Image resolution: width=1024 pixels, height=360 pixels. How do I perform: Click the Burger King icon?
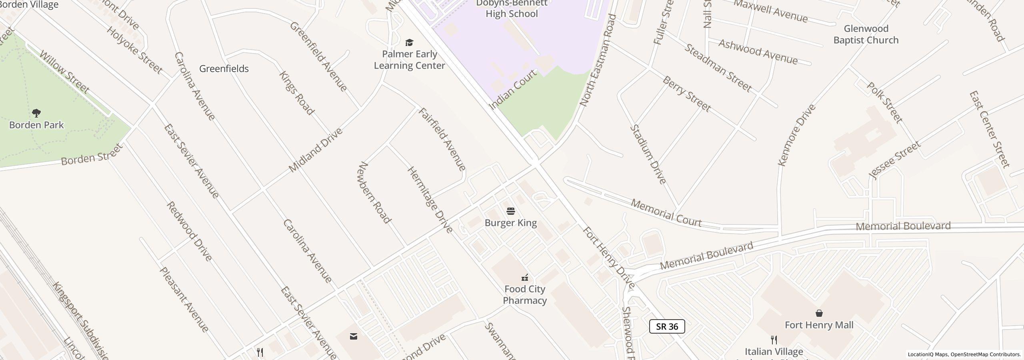click(x=511, y=211)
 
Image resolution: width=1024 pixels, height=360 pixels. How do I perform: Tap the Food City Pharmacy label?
click(x=524, y=294)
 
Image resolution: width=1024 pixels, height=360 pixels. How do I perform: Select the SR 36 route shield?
click(x=667, y=326)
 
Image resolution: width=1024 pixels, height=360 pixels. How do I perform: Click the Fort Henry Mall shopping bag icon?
click(x=819, y=313)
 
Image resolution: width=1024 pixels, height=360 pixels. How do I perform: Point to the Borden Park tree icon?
click(x=36, y=113)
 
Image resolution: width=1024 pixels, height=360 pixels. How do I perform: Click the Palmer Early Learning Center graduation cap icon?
click(x=409, y=42)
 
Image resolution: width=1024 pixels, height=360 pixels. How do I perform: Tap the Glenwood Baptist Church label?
click(x=866, y=34)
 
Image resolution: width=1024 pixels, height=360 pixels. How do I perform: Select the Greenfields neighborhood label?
click(x=224, y=69)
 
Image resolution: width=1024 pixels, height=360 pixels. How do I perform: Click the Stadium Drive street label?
click(x=648, y=154)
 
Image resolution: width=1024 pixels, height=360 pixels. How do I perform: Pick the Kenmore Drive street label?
click(x=796, y=135)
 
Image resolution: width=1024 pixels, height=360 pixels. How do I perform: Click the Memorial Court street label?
click(x=666, y=213)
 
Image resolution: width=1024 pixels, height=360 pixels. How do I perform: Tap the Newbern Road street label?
click(x=375, y=192)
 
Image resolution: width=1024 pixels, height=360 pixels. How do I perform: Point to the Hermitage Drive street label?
click(x=430, y=200)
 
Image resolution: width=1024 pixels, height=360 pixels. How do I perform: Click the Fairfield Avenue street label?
click(x=442, y=139)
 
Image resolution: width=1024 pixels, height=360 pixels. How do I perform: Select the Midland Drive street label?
click(x=316, y=150)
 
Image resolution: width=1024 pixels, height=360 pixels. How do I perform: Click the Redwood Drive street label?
click(x=189, y=231)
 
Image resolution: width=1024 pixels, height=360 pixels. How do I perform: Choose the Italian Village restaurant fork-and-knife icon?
click(x=774, y=340)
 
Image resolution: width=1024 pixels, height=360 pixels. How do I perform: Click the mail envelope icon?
click(x=354, y=336)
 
